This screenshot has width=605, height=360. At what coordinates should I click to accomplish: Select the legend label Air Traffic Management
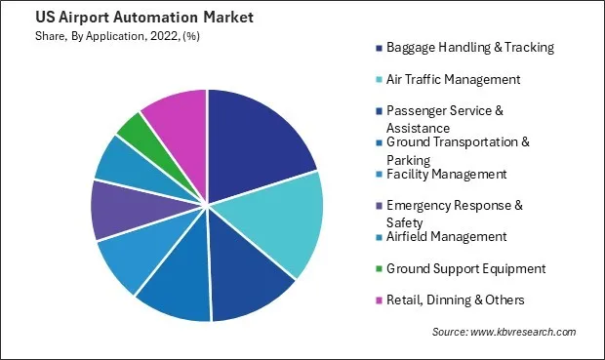coord(454,79)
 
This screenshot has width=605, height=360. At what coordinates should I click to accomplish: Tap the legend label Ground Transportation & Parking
coord(458,150)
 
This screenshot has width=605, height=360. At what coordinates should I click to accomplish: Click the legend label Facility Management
coord(446,174)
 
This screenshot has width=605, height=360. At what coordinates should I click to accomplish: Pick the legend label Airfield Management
coord(446,236)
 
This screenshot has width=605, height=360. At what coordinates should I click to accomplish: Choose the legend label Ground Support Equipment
coord(465,268)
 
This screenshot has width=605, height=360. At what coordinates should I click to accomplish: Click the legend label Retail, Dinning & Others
coord(455,300)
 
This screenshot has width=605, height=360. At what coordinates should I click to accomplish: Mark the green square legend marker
coord(378,268)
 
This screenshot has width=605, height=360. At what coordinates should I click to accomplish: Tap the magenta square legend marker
coord(378,300)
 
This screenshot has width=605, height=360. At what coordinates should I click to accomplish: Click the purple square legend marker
coord(378,206)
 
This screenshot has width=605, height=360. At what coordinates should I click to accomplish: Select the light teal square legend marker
coord(378,79)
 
